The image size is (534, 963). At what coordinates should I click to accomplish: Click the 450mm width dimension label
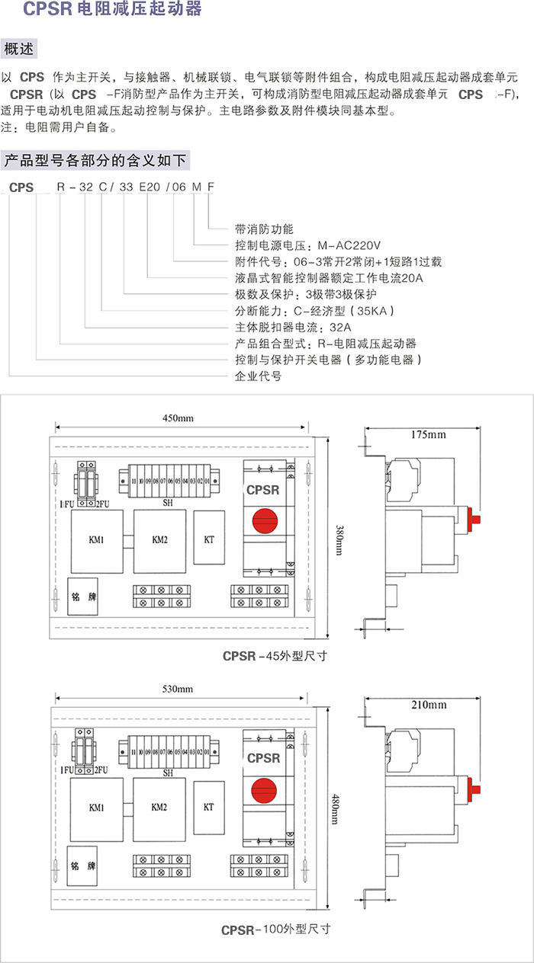[x=179, y=418]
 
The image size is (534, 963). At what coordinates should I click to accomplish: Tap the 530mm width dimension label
[x=177, y=689]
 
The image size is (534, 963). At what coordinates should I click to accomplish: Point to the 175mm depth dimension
[x=428, y=435]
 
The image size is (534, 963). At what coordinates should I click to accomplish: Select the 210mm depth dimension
[x=428, y=705]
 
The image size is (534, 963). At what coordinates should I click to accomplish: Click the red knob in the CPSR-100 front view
[x=264, y=792]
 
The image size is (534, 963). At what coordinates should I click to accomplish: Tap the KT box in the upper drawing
[x=209, y=539]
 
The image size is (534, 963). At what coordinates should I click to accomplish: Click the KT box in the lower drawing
[x=209, y=807]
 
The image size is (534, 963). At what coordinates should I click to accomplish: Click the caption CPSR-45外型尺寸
[x=275, y=655]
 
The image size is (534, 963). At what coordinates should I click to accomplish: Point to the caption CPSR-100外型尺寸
[x=275, y=929]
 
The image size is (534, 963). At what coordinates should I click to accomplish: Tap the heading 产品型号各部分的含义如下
[x=95, y=161]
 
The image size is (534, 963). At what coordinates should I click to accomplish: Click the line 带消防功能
[x=264, y=229]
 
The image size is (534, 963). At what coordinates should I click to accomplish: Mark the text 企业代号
[x=259, y=376]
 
